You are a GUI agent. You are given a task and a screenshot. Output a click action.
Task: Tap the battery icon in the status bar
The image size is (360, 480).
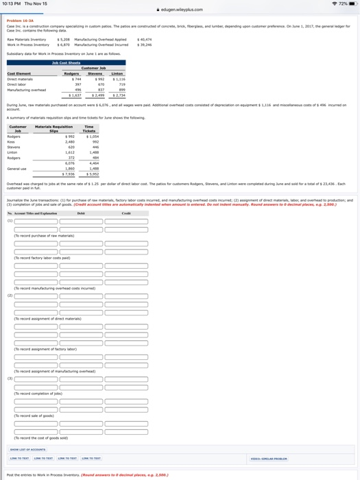349,4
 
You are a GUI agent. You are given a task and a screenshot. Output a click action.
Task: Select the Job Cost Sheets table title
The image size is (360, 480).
66,63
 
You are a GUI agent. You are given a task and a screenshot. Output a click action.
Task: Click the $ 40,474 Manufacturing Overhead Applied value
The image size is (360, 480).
145,40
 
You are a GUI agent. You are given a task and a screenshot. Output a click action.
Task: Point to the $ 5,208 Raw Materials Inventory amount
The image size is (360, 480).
64,40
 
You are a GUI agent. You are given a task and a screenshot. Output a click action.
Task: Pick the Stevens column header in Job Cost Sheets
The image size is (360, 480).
95,73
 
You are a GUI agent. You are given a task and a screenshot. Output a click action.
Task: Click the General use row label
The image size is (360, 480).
16,169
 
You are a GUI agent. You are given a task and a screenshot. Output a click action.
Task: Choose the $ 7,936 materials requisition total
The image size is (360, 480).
68,174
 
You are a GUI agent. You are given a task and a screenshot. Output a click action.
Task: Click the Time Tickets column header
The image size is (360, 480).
89,128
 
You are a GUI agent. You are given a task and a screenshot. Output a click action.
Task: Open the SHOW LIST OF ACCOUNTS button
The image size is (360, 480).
27,450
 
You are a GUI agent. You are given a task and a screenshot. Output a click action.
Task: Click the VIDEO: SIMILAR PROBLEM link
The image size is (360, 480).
268,458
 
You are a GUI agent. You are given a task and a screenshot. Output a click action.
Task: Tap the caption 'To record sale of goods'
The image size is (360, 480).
34,416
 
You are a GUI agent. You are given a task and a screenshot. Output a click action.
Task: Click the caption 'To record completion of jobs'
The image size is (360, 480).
38,394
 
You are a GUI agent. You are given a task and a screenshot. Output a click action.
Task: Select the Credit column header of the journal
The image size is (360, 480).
125,214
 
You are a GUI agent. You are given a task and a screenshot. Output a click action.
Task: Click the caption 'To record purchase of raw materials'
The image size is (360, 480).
44,236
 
